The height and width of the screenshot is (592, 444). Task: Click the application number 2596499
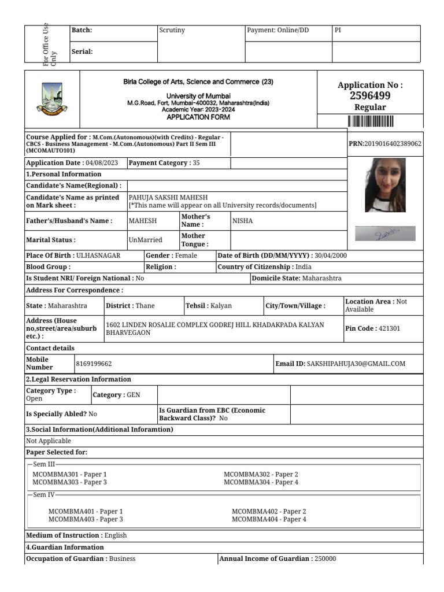point(370,96)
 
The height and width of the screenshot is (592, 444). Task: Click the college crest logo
point(51,99)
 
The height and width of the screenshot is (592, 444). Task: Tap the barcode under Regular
point(370,121)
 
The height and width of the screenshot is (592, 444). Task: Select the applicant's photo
point(385,185)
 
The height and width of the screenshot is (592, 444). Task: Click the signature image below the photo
point(385,234)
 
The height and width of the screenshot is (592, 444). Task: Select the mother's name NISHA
point(242,220)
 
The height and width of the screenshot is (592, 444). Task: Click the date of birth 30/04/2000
point(330,256)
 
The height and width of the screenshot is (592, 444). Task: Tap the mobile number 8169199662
point(94,364)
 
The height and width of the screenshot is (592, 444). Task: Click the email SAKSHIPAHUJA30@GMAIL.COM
point(356,364)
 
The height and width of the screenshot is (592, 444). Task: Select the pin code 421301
point(389,328)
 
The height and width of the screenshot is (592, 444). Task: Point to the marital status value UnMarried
point(145,239)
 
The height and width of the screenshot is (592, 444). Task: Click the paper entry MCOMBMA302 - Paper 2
point(261,474)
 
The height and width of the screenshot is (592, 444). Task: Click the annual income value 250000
point(325,558)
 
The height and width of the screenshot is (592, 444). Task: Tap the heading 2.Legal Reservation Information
point(79,379)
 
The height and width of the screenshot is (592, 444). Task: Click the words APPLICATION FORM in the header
point(198,117)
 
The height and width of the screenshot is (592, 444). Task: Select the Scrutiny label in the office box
point(172,30)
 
